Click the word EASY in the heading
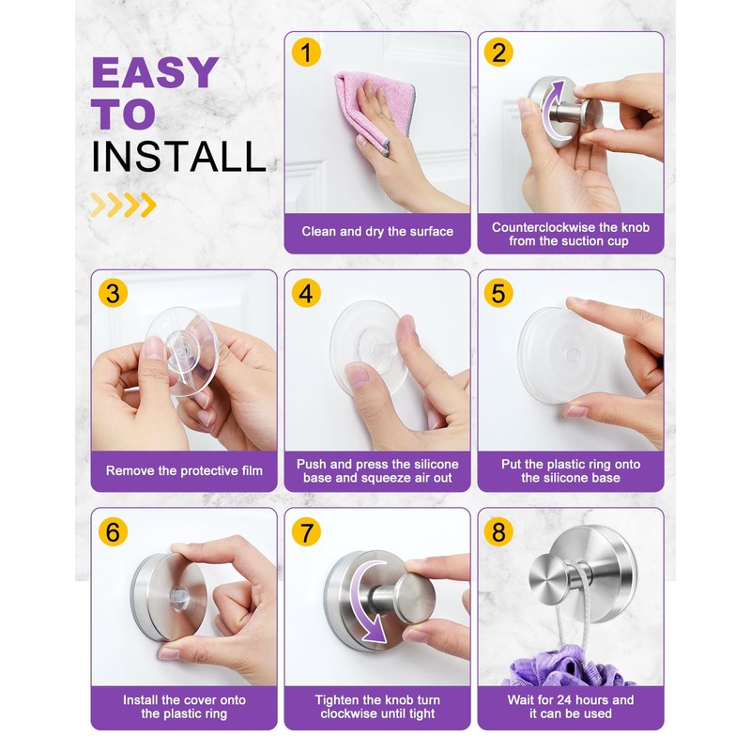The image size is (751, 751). click(155, 73)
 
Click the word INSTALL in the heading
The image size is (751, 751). click(178, 157)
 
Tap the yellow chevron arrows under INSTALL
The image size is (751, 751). click(123, 204)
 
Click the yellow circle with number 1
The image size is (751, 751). click(305, 52)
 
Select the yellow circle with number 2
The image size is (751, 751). click(498, 52)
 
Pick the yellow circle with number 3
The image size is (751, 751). click(113, 293)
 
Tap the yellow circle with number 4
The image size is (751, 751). click(305, 293)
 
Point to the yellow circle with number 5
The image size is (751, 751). click(498, 293)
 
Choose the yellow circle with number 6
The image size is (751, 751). click(113, 531)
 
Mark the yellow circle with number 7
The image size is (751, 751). click(305, 531)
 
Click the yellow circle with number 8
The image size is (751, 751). click(498, 531)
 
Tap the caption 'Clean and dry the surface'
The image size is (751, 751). click(377, 231)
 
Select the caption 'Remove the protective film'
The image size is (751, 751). click(184, 470)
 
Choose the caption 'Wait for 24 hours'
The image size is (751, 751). click(571, 699)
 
